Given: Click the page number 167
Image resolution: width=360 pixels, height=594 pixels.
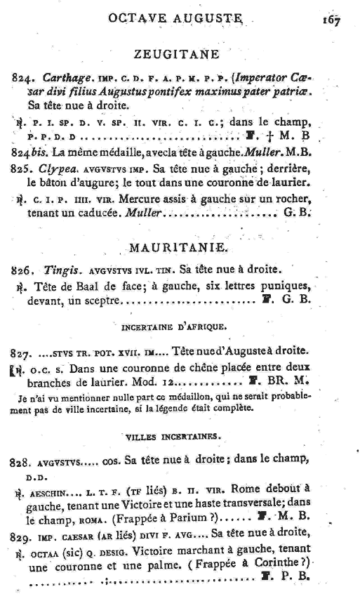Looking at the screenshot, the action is tap(331, 20).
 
